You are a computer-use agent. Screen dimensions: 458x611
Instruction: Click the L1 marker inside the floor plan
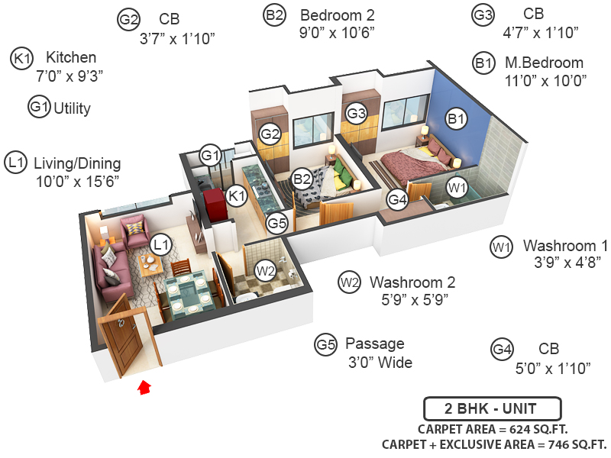point(160,245)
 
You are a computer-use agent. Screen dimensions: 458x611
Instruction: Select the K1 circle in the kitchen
point(237,195)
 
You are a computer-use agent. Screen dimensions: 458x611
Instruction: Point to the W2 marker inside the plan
point(265,270)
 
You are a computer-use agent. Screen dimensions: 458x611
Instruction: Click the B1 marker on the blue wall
point(456,119)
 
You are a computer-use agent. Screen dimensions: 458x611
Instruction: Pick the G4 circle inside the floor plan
point(397,200)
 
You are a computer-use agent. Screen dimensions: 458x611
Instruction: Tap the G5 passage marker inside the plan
point(276,224)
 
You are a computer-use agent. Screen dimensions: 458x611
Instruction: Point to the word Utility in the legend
point(72,108)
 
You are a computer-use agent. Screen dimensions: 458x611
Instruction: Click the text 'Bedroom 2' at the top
point(337,15)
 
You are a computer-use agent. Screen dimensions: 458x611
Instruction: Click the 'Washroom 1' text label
point(565,246)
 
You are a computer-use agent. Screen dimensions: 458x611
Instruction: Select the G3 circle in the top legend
point(483,15)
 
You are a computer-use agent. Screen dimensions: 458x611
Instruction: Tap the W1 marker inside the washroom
point(456,187)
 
